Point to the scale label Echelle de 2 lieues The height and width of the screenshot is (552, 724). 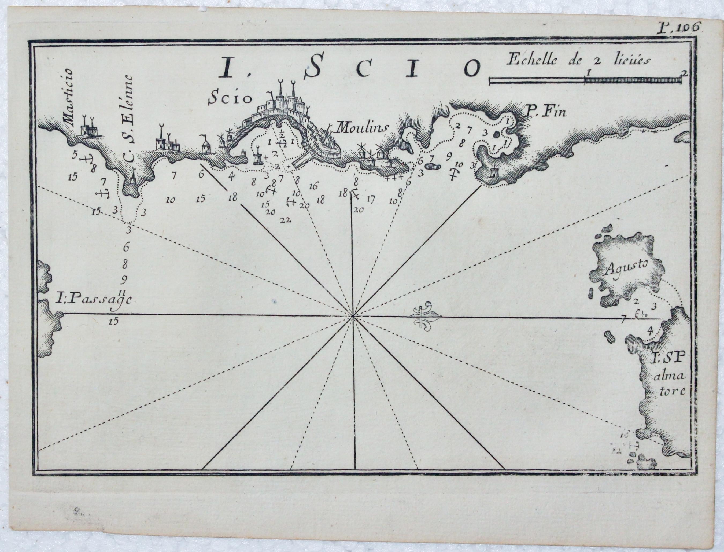578,61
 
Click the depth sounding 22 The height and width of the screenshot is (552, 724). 286,220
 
